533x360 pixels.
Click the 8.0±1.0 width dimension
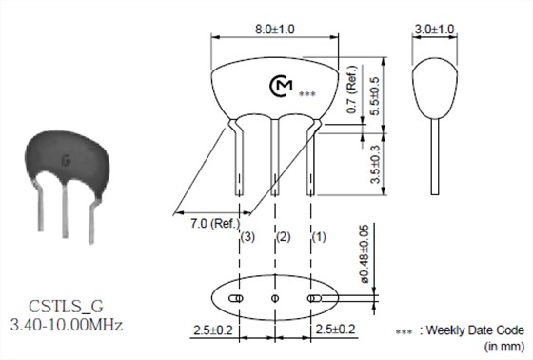(x=275, y=30)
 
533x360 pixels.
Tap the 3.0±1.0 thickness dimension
(x=434, y=30)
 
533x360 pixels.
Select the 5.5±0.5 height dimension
(x=374, y=96)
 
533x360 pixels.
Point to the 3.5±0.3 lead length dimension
(x=375, y=165)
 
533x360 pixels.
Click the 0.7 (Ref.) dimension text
(x=352, y=90)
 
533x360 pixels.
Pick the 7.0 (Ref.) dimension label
(x=215, y=224)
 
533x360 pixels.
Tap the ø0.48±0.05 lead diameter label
(x=364, y=254)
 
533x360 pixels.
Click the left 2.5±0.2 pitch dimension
(x=213, y=330)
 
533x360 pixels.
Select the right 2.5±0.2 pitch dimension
(x=335, y=329)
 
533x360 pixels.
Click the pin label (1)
(x=319, y=236)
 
